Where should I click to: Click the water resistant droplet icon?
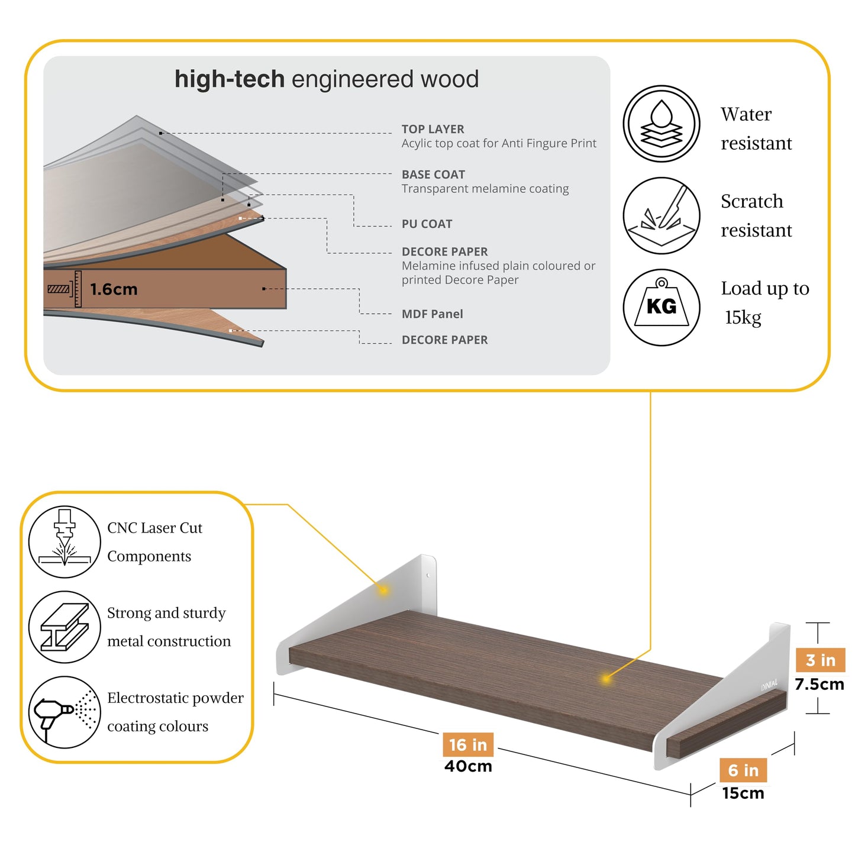tap(661, 124)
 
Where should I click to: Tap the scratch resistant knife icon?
tap(661, 215)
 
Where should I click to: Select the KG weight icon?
tap(661, 307)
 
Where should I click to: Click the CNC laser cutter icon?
tap(64, 541)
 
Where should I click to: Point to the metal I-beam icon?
tap(64, 627)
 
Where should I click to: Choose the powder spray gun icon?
tap(64, 712)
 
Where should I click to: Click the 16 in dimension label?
tap(467, 745)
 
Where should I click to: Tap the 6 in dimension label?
tap(743, 770)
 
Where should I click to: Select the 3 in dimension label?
tap(821, 660)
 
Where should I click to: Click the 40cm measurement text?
tap(468, 766)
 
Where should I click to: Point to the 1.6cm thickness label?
tap(114, 289)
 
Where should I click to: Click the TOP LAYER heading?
tap(433, 129)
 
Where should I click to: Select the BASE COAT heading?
tap(433, 175)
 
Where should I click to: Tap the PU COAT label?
tap(427, 224)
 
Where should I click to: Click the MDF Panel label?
tap(432, 314)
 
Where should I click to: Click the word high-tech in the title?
tap(230, 79)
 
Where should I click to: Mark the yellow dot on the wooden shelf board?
tap(606, 679)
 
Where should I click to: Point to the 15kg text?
tap(743, 317)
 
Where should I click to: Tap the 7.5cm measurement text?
tap(819, 684)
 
